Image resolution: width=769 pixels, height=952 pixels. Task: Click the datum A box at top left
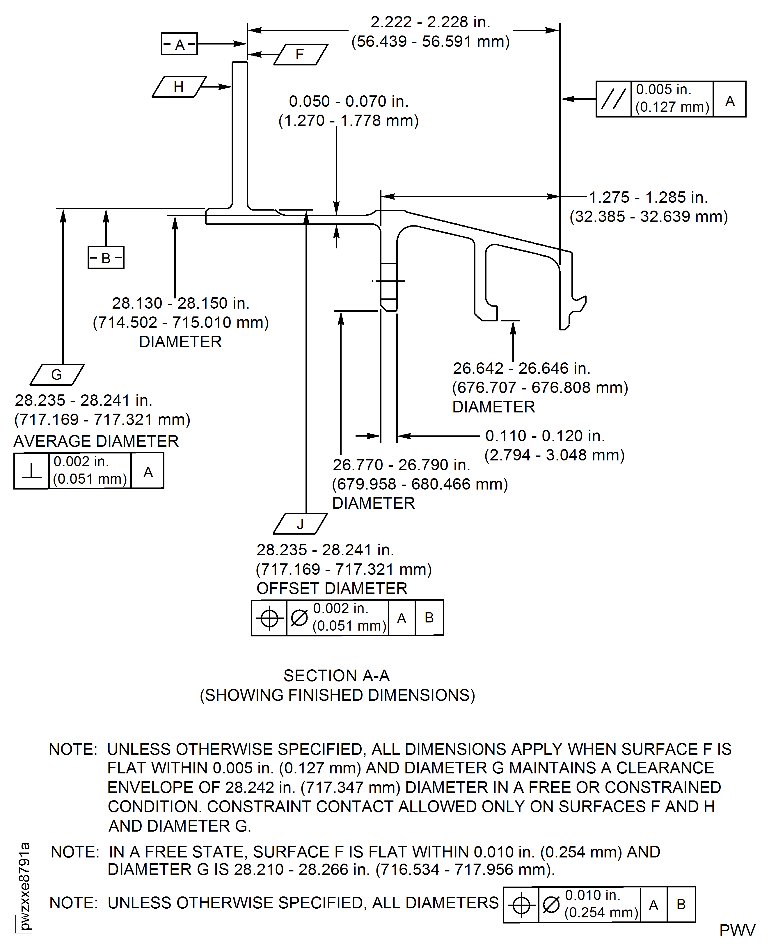tap(179, 44)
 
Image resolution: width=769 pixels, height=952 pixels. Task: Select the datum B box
tap(106, 257)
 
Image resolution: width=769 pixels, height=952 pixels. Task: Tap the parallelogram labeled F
tap(301, 54)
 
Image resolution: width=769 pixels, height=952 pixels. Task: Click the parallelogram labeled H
tap(179, 87)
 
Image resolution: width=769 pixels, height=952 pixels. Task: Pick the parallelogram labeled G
tap(57, 375)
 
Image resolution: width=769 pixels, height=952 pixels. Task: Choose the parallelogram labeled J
tap(300, 524)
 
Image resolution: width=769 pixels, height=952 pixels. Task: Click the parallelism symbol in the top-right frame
tap(614, 99)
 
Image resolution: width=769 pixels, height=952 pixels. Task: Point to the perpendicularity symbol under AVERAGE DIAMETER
tap(31, 470)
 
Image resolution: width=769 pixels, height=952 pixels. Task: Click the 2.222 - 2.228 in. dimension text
tap(430, 22)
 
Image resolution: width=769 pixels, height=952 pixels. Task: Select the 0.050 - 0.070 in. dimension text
tap(349, 102)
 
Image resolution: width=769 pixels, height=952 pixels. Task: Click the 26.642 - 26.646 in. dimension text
tap(521, 369)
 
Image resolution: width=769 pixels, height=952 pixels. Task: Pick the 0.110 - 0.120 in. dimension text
tap(545, 436)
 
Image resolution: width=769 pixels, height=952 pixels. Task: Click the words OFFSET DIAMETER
tap(332, 588)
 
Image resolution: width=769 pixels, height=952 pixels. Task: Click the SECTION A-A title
tap(337, 676)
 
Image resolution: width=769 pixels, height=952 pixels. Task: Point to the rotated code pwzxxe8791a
tap(25, 886)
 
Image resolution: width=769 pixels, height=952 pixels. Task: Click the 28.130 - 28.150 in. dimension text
tap(180, 303)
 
